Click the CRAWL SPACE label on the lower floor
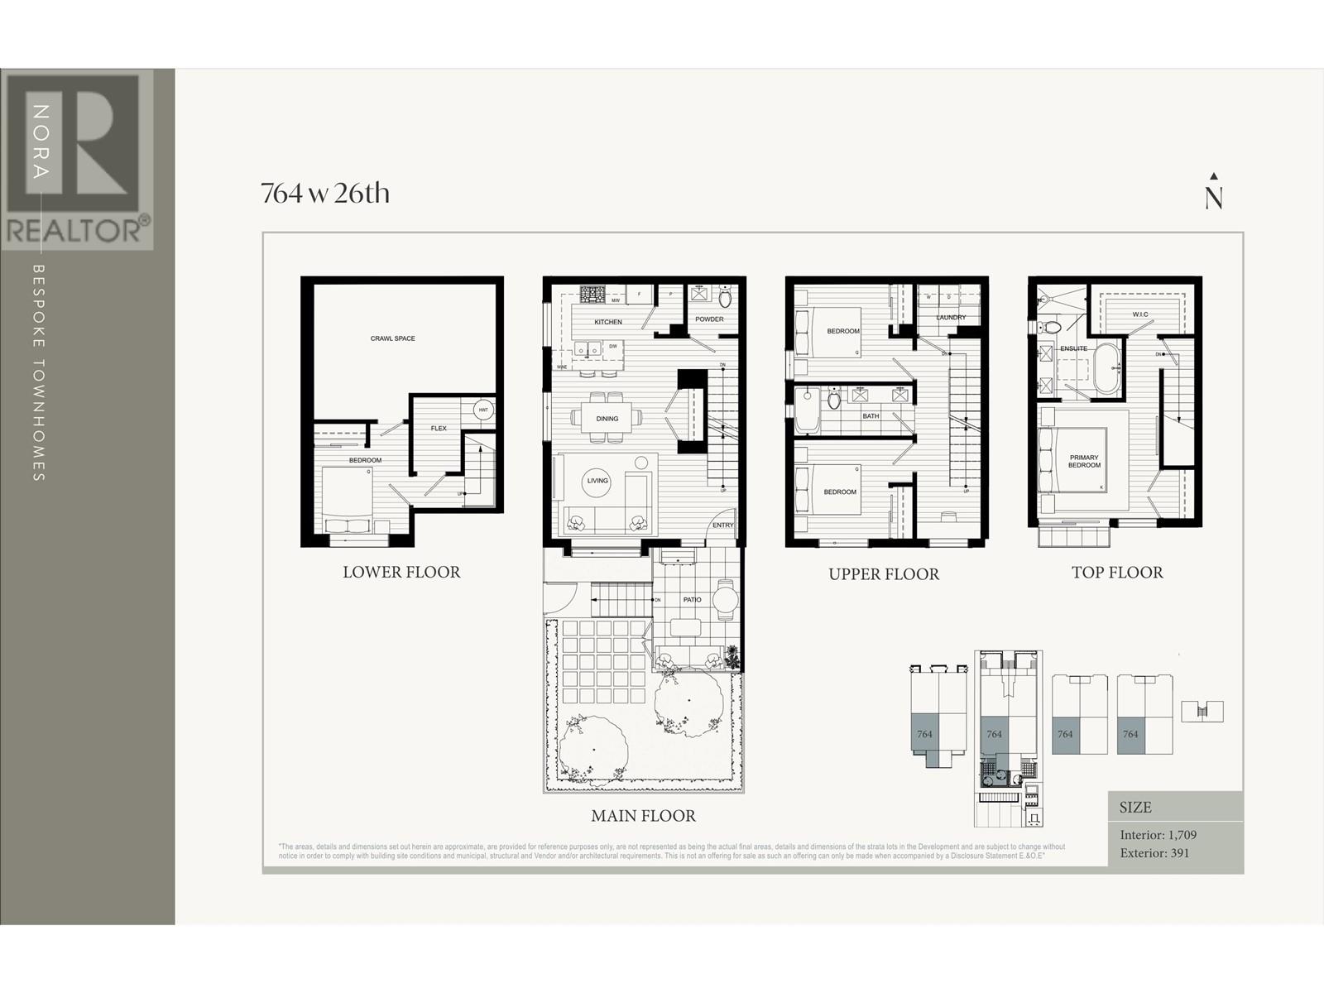(x=392, y=338)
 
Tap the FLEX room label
(x=439, y=428)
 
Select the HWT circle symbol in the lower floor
(x=483, y=410)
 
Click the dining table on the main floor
(x=607, y=418)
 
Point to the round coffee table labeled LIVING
(x=597, y=481)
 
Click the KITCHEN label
(x=607, y=322)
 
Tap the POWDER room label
(x=709, y=319)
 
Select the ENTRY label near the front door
(x=722, y=525)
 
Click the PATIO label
(x=692, y=600)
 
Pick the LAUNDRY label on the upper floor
(x=951, y=317)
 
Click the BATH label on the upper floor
(x=871, y=416)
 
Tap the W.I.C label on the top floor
(x=1139, y=314)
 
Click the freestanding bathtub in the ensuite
(x=1106, y=370)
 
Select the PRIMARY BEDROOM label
(x=1084, y=461)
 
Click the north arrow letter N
(x=1214, y=199)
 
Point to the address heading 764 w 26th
(x=325, y=193)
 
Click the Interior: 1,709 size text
(x=1158, y=835)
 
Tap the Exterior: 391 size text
(x=1154, y=853)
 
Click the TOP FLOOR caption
(x=1117, y=573)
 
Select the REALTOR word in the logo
(x=74, y=230)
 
